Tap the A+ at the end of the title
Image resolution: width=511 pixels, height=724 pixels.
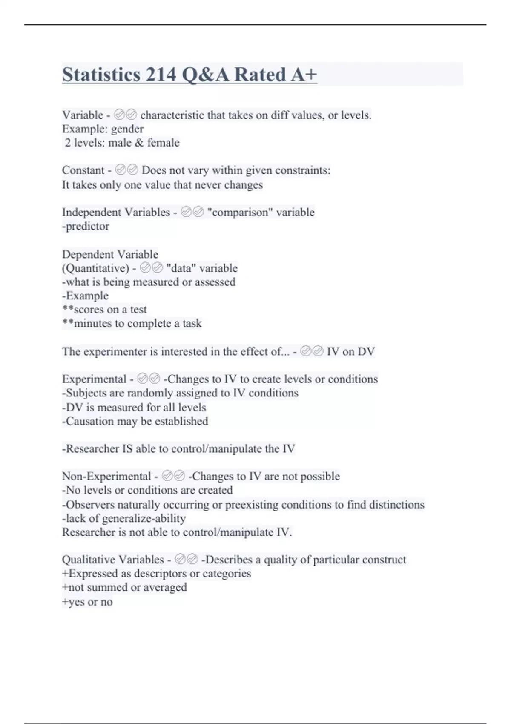(x=304, y=75)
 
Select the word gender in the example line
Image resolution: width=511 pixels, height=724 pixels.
(x=127, y=129)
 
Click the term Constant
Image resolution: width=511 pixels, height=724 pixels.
(x=83, y=170)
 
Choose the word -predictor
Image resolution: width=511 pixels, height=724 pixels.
(x=86, y=226)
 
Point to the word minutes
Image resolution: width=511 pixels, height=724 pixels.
(x=93, y=323)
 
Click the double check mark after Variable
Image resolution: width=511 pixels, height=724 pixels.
(x=126, y=115)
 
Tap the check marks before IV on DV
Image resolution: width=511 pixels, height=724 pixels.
(x=312, y=351)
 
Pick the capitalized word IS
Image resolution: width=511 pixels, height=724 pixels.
(x=128, y=449)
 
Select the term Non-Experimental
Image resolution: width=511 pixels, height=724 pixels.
(x=106, y=476)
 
